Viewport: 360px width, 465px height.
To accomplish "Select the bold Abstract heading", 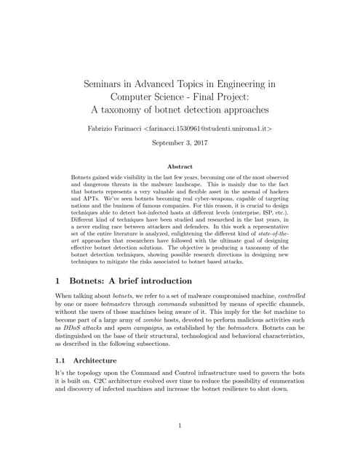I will tap(180, 166).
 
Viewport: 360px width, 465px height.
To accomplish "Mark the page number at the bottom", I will tap(180, 426).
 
